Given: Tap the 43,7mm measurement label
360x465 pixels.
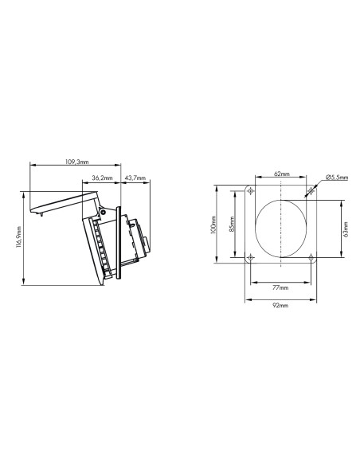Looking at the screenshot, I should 135,178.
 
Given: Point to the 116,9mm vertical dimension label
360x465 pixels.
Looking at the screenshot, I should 18,236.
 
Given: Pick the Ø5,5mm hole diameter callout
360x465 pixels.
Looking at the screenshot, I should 336,178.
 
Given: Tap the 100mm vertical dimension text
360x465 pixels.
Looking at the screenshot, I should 214,225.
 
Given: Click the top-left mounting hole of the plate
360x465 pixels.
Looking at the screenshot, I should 251,192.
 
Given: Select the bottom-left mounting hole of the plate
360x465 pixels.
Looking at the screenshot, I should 251,259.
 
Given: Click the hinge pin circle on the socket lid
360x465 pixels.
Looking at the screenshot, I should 102,213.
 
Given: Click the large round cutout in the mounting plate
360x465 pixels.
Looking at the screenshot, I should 281,225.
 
